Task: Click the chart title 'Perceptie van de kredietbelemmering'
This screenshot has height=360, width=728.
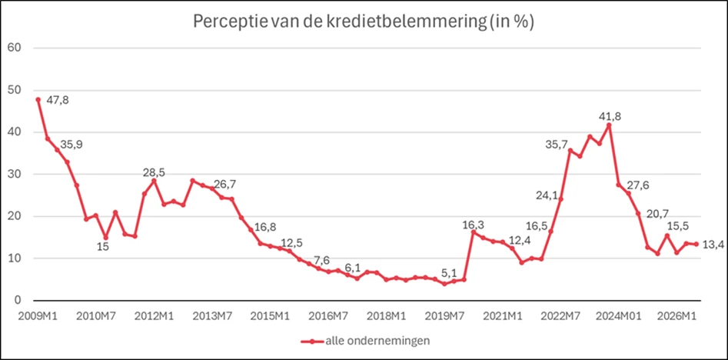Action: point(363,22)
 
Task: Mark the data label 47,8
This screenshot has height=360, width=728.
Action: point(58,101)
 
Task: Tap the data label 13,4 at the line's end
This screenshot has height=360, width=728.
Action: point(715,245)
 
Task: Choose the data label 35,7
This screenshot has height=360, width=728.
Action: point(560,143)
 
